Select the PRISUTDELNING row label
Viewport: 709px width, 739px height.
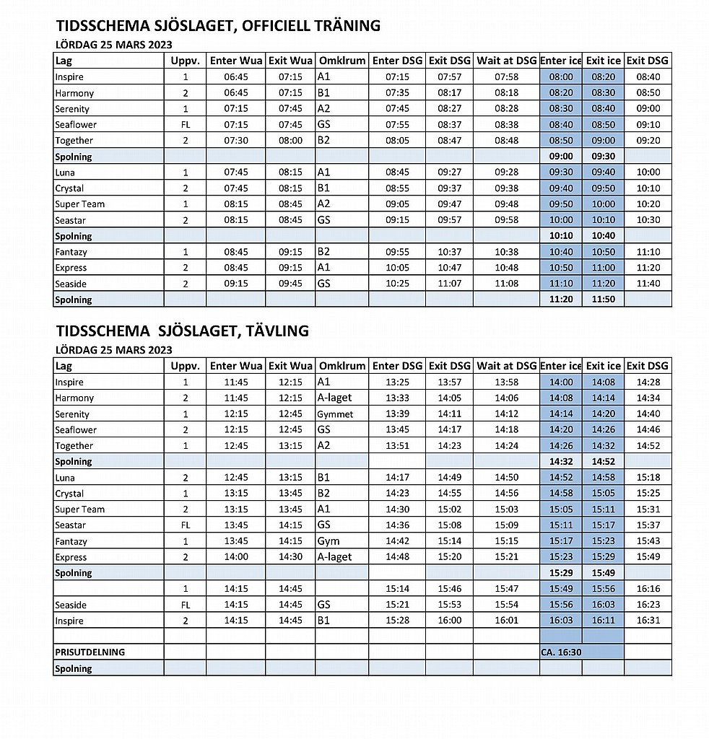[x=90, y=652]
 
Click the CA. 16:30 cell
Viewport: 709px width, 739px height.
[x=562, y=652]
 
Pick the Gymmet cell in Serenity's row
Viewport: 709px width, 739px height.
[x=336, y=414]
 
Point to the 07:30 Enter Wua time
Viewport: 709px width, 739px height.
[x=236, y=141]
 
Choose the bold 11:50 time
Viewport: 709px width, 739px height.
[x=603, y=299]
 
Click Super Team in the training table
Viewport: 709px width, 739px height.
[x=80, y=204]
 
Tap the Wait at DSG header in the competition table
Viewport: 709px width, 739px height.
[x=507, y=366]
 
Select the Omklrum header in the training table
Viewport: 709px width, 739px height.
[x=342, y=61]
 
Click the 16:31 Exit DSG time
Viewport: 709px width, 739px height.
[x=648, y=621]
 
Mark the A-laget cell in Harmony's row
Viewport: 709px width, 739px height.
[x=335, y=398]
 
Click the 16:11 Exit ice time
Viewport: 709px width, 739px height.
[x=603, y=621]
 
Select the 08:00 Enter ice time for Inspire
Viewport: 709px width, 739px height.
[x=561, y=77]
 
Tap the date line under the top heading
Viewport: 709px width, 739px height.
[x=114, y=44]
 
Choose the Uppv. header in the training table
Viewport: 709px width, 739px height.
[x=185, y=61]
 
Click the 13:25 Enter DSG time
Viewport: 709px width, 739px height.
[x=397, y=382]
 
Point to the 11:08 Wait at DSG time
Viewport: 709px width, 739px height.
[x=507, y=284]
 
